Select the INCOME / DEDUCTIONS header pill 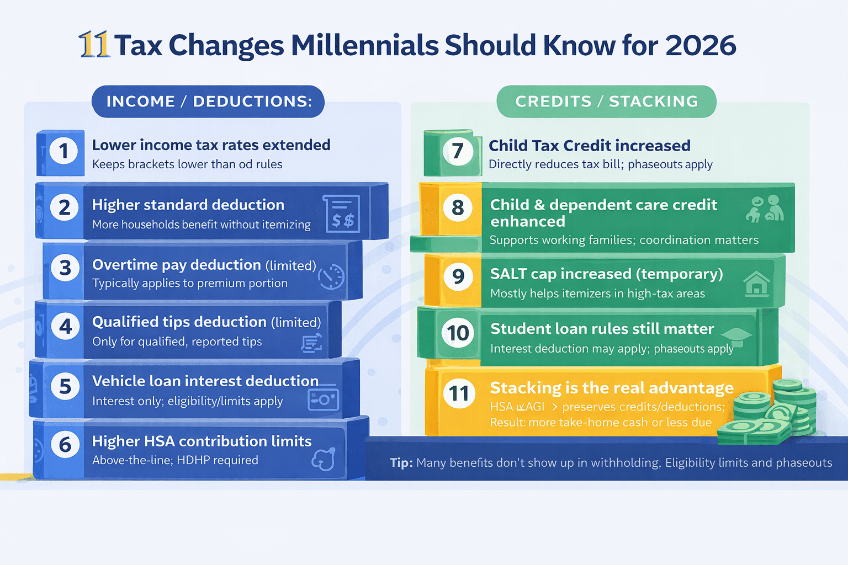pos(208,102)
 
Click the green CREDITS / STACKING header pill pos(606,102)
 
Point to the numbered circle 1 pos(64,151)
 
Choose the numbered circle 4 pos(65,327)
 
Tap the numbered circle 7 pos(458,151)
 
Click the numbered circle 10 pos(458,333)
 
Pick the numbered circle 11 pos(459,393)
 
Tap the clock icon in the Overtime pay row pos(332,276)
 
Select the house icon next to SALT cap pos(756,284)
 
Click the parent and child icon pos(765,209)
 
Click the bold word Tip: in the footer pos(401,463)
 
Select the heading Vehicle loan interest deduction pos(205,381)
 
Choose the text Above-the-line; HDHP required pos(175,460)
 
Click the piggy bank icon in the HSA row pos(324,459)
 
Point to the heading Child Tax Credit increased pos(589,146)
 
